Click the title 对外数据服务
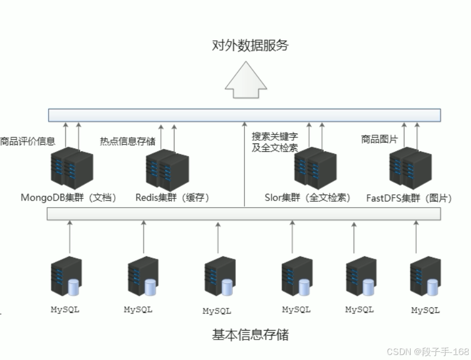click(250, 45)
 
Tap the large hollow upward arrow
click(246, 81)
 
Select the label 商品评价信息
click(27, 141)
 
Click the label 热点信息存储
click(127, 141)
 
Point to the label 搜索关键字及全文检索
click(275, 142)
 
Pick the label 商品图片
click(379, 140)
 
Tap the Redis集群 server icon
click(167, 169)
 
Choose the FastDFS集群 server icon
click(410, 168)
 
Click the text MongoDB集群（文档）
click(69, 198)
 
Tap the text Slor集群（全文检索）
click(308, 198)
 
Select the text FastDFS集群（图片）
click(409, 198)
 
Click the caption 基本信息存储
click(250, 335)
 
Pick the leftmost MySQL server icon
click(66, 277)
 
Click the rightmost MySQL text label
click(426, 310)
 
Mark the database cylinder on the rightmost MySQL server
click(432, 287)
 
